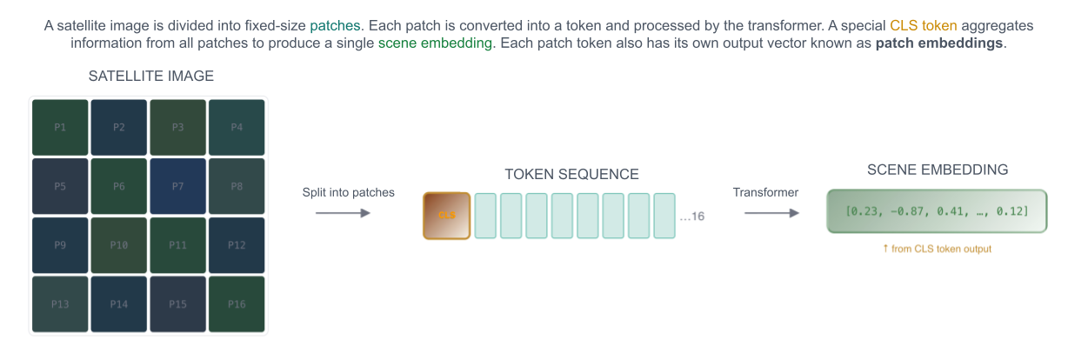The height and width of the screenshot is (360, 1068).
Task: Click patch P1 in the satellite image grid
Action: pos(60,127)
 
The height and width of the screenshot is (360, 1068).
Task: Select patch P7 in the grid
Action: pos(177,186)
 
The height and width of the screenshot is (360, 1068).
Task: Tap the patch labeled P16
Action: pos(237,303)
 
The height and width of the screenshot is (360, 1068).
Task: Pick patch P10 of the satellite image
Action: pos(119,245)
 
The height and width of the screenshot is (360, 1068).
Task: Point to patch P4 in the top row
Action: pos(237,127)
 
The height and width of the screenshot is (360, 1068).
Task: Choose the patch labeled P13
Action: pos(60,303)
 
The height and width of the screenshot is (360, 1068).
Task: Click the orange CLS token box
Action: pos(447,216)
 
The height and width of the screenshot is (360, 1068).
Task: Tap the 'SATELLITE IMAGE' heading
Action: pos(151,77)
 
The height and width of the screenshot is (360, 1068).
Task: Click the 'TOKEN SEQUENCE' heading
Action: pos(571,174)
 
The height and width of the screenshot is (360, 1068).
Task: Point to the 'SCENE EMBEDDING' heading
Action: pos(938,170)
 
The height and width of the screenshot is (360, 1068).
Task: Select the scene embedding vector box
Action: pos(937,210)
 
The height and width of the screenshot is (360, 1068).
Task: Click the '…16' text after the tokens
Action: pos(692,217)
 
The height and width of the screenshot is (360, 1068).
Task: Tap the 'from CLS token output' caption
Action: pos(937,249)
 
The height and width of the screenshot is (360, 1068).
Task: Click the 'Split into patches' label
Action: pos(348,192)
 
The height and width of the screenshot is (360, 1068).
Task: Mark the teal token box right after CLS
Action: pos(485,216)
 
